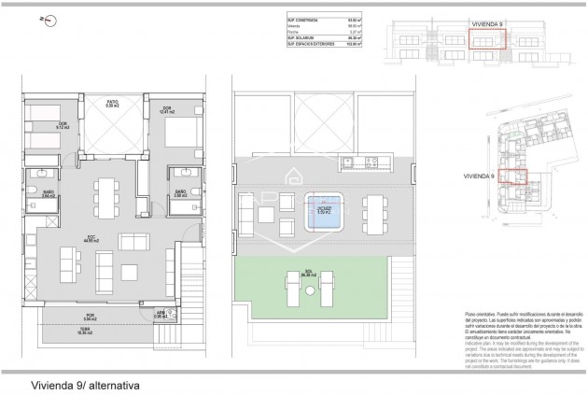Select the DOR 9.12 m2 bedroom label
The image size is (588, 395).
[37, 127]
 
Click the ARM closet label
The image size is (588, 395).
[161, 315]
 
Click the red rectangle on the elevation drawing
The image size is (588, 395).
[485, 39]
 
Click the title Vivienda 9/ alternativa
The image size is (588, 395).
[80, 383]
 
